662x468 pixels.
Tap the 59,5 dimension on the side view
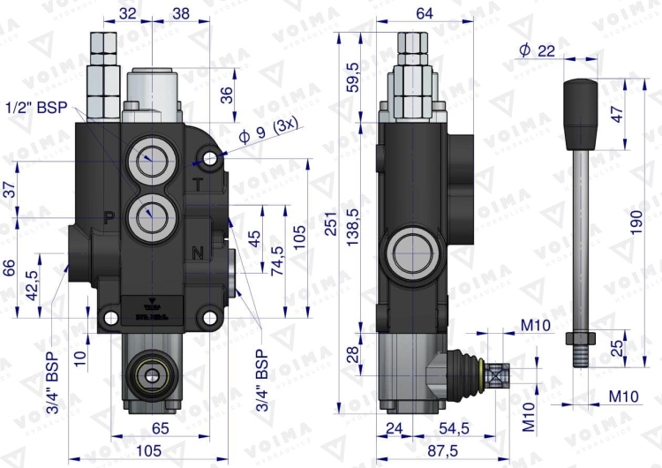[x=354, y=78]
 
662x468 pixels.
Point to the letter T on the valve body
[x=198, y=183]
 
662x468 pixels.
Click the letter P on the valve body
[x=110, y=216]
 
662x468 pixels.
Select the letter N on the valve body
[x=198, y=253]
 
